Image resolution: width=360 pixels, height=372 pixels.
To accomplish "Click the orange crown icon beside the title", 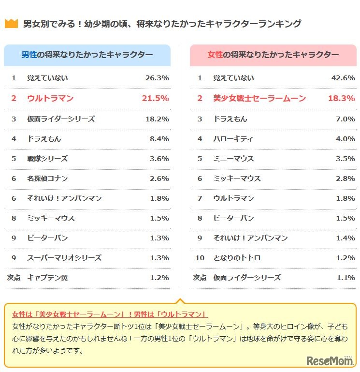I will [11, 24].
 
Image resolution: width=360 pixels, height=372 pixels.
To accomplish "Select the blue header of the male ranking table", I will [87, 55].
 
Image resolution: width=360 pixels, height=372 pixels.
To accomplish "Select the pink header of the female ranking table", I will [273, 55].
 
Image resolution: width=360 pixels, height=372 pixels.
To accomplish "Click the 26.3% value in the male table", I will [157, 78].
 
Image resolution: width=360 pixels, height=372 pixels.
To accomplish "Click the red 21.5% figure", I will [155, 98].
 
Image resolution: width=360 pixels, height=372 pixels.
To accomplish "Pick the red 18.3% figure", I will [341, 98].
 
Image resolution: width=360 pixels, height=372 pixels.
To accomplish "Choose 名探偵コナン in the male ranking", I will [47, 179].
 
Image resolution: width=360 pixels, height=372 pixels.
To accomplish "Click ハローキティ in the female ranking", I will [233, 139].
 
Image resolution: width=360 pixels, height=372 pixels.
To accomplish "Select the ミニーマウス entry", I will [233, 159].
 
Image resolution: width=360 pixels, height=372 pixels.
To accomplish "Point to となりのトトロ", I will [237, 258].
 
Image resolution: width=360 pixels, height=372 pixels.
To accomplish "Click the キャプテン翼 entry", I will [47, 278].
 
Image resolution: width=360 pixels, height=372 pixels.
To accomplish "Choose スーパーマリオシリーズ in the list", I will [64, 258].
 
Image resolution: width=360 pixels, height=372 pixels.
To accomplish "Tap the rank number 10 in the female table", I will [200, 258].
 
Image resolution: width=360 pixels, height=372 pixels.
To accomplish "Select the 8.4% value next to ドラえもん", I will [159, 139].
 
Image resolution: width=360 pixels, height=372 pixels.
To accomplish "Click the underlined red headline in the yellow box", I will [110, 314].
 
